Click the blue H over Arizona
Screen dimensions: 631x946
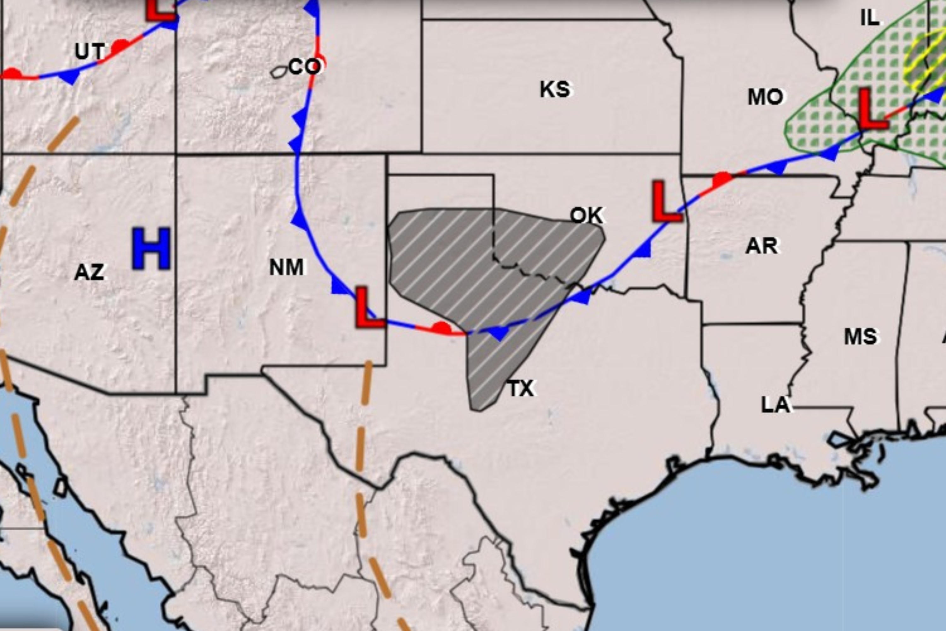point(151,248)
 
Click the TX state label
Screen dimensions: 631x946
point(521,388)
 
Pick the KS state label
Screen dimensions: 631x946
point(555,89)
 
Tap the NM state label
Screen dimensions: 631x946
point(286,267)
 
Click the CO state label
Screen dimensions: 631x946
point(305,66)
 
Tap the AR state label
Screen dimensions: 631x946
point(762,246)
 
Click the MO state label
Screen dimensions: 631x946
point(765,97)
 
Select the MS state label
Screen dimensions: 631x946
point(860,336)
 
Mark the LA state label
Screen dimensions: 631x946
point(775,405)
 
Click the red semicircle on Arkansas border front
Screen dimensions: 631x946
point(722,179)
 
